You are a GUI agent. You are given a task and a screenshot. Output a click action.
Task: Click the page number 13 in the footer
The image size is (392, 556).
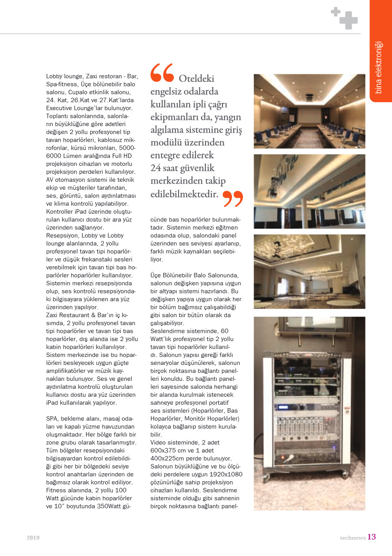click(x=372, y=537)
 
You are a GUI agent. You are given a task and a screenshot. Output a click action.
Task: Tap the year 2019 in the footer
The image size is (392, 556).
click(x=33, y=538)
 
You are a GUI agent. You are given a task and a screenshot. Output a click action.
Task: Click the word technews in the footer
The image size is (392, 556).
click(x=352, y=538)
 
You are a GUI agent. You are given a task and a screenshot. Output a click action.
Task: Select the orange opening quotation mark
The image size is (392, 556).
click(x=162, y=73)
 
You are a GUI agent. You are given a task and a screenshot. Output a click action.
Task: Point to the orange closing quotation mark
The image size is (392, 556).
click(x=233, y=199)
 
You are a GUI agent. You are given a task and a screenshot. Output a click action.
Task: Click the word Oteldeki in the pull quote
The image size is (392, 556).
click(x=196, y=79)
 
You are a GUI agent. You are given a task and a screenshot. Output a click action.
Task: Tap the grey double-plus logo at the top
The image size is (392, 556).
click(x=345, y=18)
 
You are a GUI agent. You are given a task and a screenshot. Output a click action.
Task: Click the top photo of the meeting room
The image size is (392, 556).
click(x=309, y=111)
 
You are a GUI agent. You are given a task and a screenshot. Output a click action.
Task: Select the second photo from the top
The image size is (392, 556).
click(x=309, y=191)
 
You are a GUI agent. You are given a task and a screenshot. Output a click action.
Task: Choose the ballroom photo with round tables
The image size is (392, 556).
click(x=309, y=271)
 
